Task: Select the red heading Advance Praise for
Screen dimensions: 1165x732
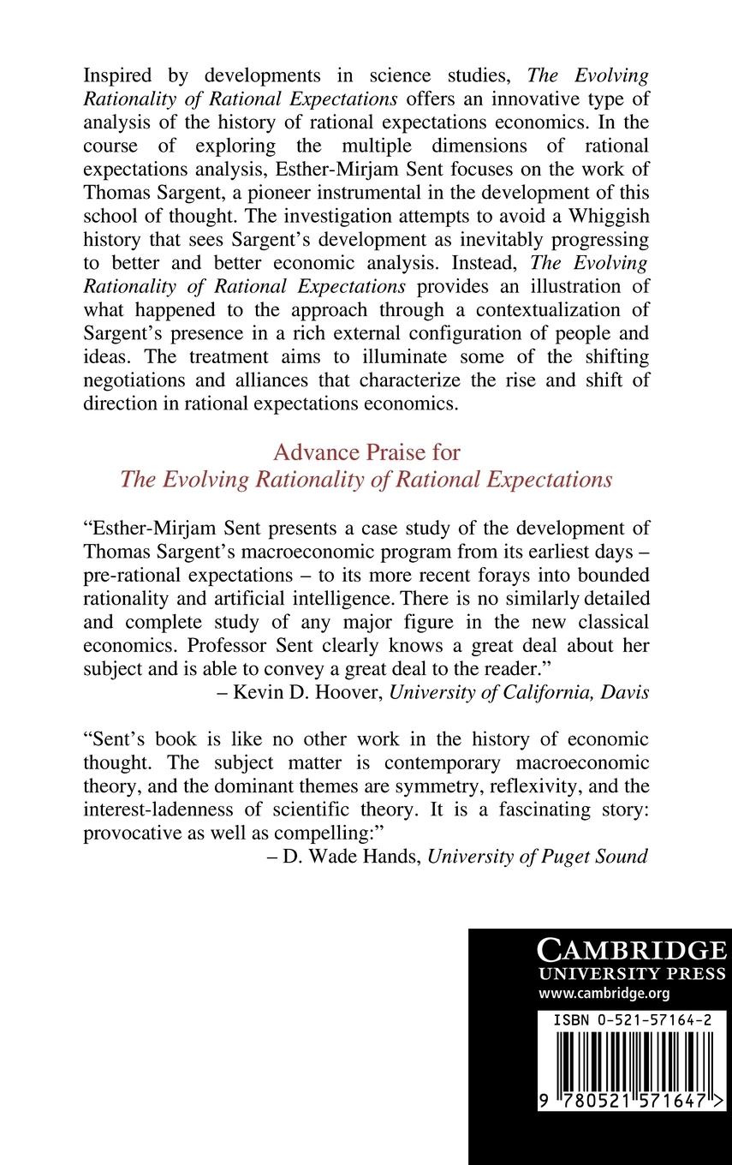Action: (366, 451)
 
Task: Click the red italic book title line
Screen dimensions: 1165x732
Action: (366, 479)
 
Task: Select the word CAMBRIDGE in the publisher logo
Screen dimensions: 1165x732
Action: (631, 950)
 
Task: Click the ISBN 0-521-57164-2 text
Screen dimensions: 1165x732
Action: (631, 1021)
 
